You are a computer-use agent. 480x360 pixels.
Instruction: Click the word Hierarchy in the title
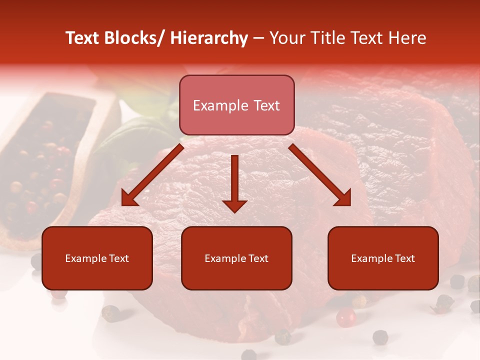209,38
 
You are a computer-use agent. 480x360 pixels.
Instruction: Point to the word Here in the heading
407,38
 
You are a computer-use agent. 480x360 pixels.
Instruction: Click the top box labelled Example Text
236,105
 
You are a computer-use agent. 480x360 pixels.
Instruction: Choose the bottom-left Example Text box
97,258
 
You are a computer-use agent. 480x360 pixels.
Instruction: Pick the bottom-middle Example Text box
236,258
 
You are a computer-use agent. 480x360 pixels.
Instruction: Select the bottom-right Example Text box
383,258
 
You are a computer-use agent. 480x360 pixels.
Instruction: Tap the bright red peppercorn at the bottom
345,317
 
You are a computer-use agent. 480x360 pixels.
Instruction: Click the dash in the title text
258,38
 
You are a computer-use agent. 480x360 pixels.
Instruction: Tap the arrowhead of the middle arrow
234,205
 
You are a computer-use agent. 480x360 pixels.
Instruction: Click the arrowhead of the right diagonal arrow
343,199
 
